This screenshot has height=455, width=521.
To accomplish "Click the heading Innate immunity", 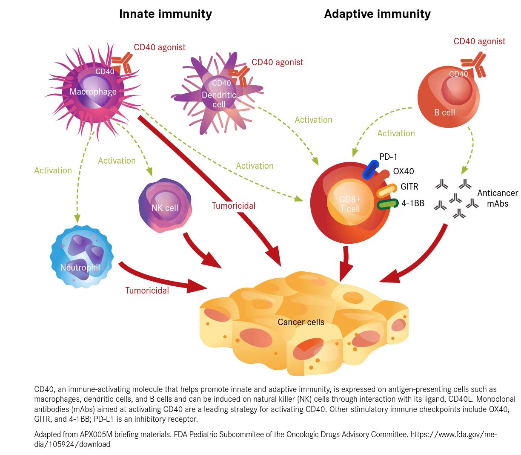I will (165, 14).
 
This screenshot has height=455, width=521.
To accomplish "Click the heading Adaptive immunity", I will (377, 14).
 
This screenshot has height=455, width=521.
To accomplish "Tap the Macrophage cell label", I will (93, 92).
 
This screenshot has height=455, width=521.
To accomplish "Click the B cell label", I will (444, 112).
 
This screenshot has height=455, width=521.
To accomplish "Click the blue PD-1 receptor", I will (370, 170).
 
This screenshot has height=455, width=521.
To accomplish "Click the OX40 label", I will (403, 171).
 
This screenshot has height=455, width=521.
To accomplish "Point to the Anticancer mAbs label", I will (497, 198).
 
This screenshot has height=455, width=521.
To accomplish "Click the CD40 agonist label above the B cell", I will (479, 41).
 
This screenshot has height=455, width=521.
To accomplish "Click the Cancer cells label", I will (301, 322).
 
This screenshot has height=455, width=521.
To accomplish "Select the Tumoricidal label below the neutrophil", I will (147, 291).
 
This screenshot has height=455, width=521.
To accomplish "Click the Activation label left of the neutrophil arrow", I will (53, 170).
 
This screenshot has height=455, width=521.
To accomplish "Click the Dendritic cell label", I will (219, 99).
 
